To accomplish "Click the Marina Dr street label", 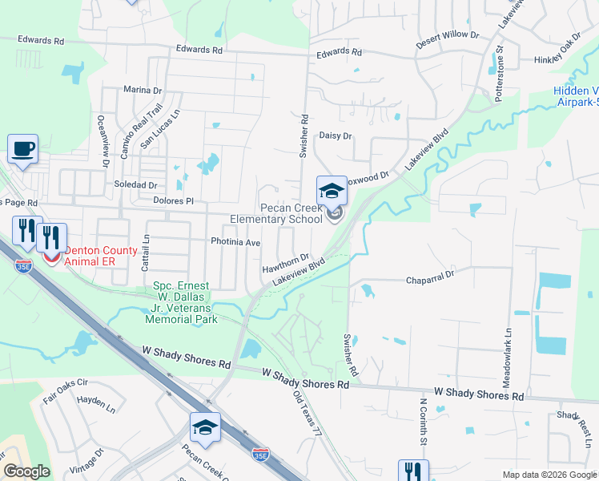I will tap(143, 91).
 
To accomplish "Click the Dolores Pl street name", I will tap(173, 200).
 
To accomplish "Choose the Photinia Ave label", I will tap(235, 242).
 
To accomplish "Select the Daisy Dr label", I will tap(336, 136).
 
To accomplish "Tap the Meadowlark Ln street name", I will tap(508, 358).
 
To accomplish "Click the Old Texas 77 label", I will tap(307, 414).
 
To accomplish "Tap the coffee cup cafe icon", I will tap(22, 148).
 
